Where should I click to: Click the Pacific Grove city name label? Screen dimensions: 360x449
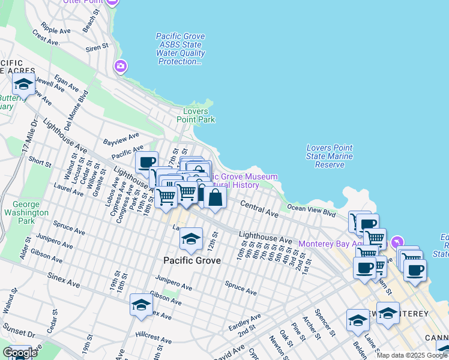tap(192, 261)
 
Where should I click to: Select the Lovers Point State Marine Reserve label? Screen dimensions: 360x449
tap(330, 157)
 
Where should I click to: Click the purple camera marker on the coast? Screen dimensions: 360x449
tap(121, 66)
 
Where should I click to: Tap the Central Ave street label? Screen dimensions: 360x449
tap(259, 209)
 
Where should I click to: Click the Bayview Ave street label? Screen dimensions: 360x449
tap(121, 139)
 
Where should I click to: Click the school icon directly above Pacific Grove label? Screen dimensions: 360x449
tap(191, 240)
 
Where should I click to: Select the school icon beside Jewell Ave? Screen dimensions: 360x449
tap(23, 84)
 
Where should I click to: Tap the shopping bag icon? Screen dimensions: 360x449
tap(215, 197)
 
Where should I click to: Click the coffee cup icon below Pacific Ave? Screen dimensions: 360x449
tap(146, 162)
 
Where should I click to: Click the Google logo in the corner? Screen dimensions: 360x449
tap(20, 353)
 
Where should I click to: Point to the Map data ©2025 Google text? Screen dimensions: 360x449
tap(412, 355)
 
